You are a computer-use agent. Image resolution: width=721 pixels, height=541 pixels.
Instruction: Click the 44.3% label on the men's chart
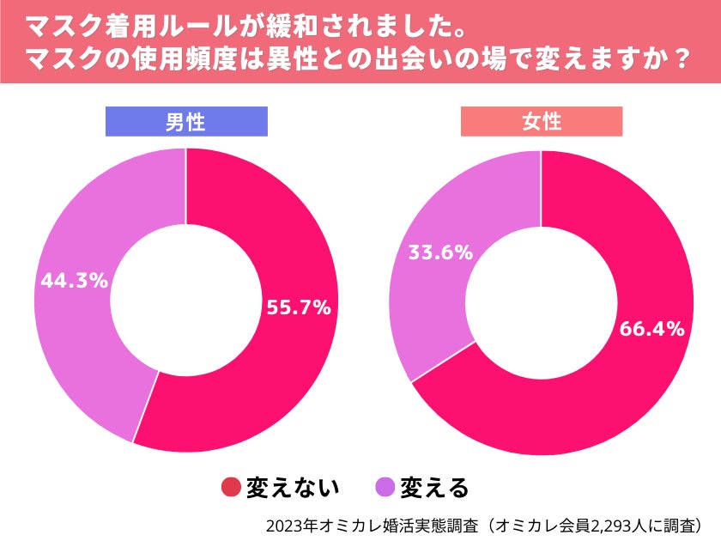pyautogui.click(x=73, y=280)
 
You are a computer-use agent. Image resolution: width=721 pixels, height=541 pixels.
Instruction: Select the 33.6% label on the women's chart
pyautogui.click(x=439, y=252)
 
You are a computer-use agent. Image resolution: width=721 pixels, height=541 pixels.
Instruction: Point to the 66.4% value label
pyautogui.click(x=650, y=328)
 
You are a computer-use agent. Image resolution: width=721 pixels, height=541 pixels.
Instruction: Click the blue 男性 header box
pyautogui.click(x=185, y=122)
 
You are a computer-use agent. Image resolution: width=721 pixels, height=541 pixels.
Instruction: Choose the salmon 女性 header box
pyautogui.click(x=541, y=122)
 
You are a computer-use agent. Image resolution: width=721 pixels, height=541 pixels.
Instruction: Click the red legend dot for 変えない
pyautogui.click(x=231, y=488)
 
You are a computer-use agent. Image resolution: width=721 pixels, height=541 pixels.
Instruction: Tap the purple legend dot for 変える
pyautogui.click(x=386, y=488)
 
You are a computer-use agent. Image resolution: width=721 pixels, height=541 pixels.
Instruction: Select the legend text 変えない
pyautogui.click(x=293, y=488)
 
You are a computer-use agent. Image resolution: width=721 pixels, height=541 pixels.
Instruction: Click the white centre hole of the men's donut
pyautogui.click(x=185, y=301)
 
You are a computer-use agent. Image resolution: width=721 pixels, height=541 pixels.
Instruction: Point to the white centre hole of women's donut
pyautogui.click(x=541, y=301)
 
